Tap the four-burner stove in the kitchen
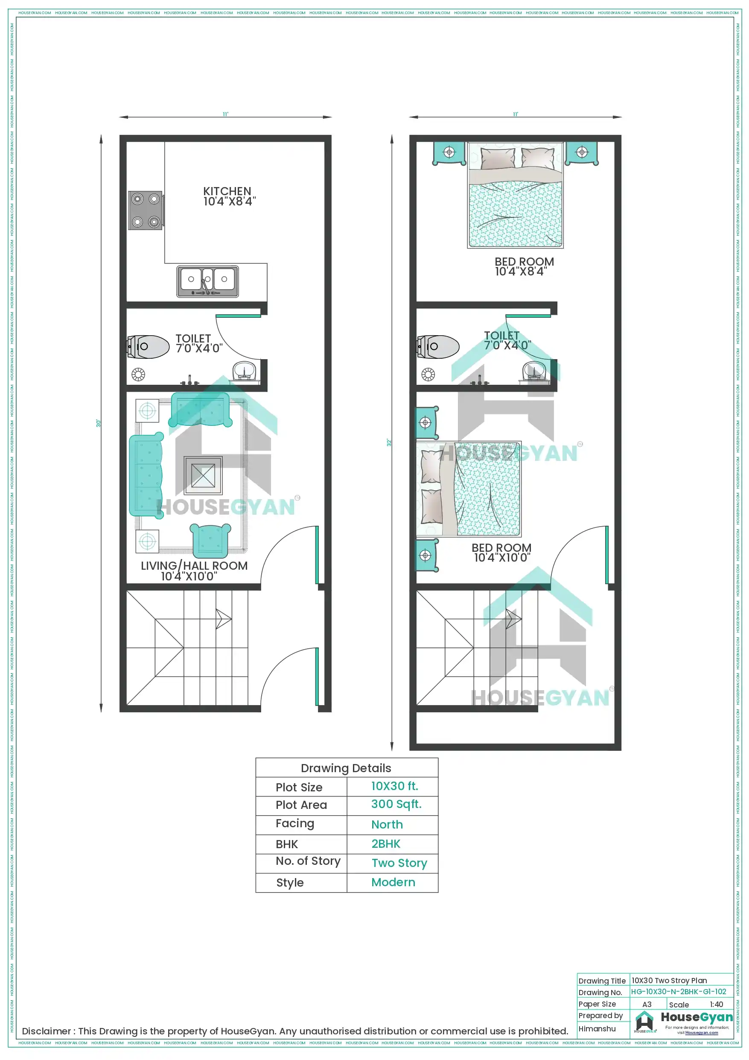point(146,211)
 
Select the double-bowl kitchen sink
point(207,281)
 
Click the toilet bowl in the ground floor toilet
point(149,347)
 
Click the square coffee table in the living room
point(203,475)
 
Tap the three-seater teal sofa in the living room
point(146,475)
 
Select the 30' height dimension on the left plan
point(98,423)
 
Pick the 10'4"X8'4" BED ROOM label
point(524,266)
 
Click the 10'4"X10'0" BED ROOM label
point(501,553)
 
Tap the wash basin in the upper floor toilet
point(534,372)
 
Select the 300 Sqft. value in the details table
point(396,804)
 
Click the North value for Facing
point(387,824)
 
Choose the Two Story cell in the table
point(399,862)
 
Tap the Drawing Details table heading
point(346,768)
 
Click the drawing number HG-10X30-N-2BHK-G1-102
point(679,991)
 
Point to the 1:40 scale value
point(716,1004)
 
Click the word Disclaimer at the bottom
point(46,1031)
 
